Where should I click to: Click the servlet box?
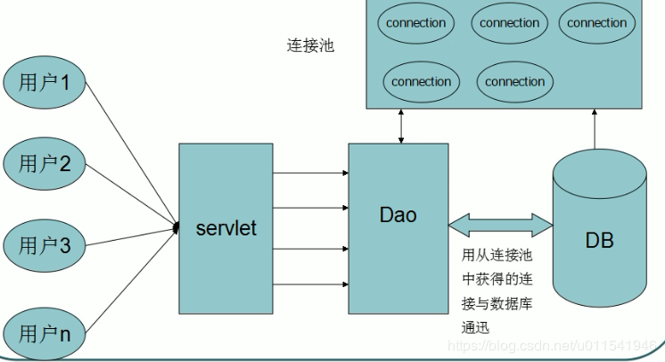pyautogui.click(x=226, y=228)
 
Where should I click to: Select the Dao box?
pyautogui.click(x=398, y=228)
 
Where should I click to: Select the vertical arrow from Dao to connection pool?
pyautogui.click(x=402, y=128)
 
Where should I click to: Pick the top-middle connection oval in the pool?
pyautogui.click(x=509, y=23)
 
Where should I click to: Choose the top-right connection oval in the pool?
pyautogui.click(x=596, y=23)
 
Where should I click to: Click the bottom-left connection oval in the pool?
pyautogui.click(x=421, y=81)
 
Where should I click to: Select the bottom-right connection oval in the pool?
pyautogui.click(x=514, y=81)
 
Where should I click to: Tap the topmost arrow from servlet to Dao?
pyautogui.click(x=308, y=174)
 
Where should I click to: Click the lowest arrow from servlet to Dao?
pyautogui.click(x=308, y=284)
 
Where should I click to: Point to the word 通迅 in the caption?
pyautogui.click(x=475, y=327)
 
